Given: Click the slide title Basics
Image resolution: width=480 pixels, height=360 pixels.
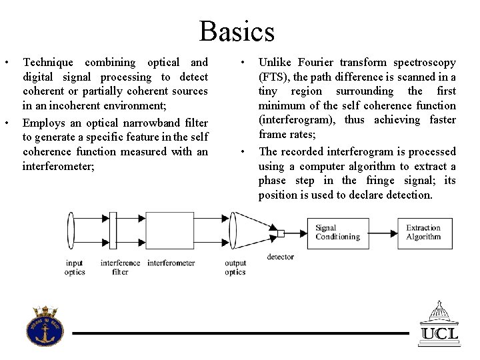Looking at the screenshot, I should (237, 31).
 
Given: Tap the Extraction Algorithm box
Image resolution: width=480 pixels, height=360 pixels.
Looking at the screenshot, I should (423, 233).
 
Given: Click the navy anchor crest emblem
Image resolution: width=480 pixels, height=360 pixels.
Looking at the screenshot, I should (45, 327).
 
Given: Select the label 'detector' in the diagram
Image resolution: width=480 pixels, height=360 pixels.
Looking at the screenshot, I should (281, 257).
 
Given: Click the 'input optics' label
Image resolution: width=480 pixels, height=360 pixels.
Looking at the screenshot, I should (75, 267).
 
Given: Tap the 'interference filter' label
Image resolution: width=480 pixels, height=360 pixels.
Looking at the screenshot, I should (120, 267).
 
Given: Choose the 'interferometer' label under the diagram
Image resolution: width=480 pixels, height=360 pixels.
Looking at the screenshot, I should (171, 263).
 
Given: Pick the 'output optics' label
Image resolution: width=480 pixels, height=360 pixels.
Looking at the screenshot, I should (235, 267).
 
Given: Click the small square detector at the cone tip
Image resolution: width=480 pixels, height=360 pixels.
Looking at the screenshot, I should (281, 233).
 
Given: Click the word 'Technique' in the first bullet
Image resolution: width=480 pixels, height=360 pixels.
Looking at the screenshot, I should (48, 63).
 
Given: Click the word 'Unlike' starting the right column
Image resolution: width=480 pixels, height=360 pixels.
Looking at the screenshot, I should (275, 63).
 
